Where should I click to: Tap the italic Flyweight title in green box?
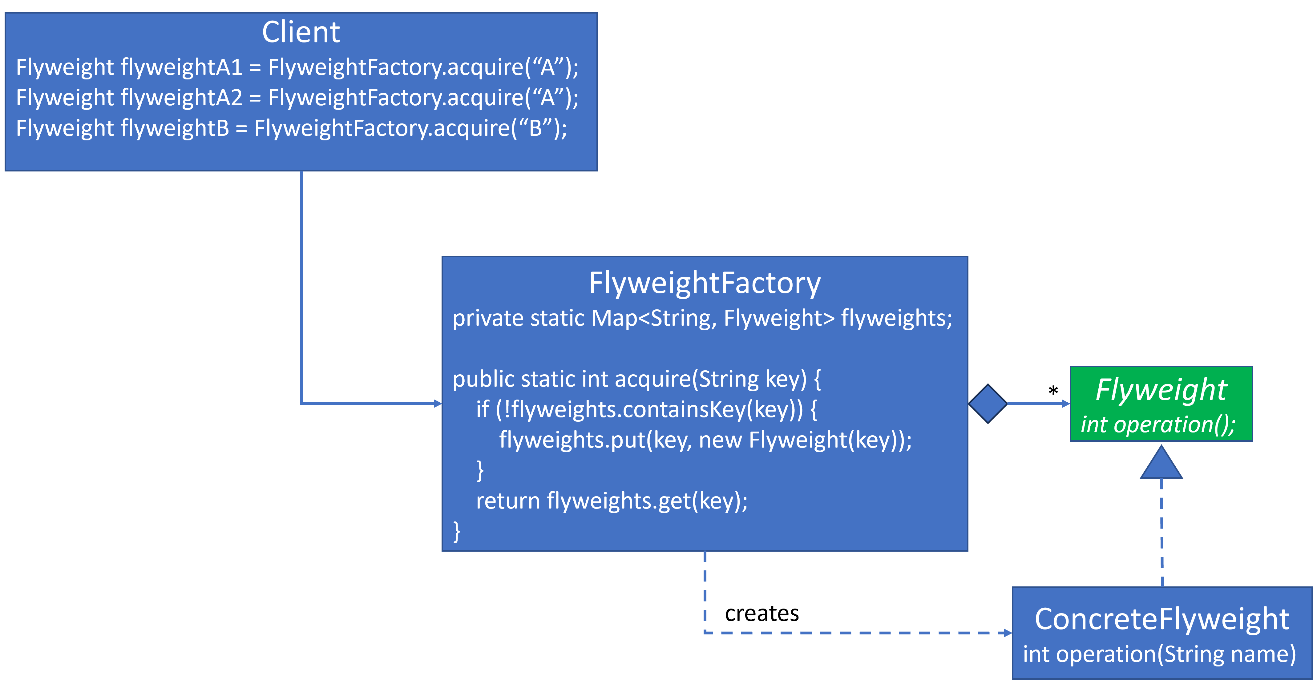(1161, 390)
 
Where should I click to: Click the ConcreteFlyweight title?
(1161, 619)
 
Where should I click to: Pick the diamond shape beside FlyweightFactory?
(988, 404)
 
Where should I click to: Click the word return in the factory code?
(508, 501)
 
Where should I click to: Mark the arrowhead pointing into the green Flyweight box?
(1066, 404)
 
